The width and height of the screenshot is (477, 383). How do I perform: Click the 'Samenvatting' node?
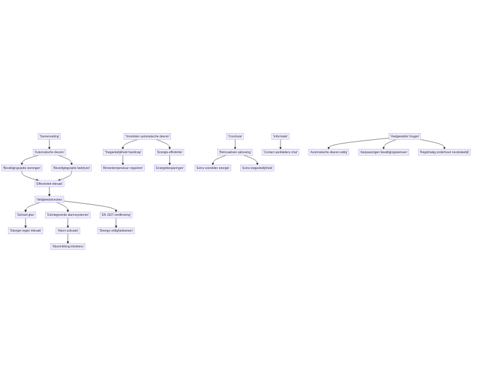pos(49,137)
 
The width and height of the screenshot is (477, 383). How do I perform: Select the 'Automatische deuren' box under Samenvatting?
pos(49,152)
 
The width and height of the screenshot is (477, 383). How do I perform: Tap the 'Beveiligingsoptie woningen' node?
pos(22,168)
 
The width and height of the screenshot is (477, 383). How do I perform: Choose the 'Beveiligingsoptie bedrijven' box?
pos(71,168)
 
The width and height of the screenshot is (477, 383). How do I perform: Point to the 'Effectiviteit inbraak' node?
pos(49,184)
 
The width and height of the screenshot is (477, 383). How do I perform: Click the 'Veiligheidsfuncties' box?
pos(49,199)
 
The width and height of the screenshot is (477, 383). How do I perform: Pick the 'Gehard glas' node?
pos(26,215)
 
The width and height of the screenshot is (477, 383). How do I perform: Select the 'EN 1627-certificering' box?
pos(116,215)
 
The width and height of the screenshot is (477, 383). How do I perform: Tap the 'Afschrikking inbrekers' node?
pos(68,246)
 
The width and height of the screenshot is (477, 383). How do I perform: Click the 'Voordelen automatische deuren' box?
pos(147,137)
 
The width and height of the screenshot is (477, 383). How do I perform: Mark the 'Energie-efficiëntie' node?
pos(169,152)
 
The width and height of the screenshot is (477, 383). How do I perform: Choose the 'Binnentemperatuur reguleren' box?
pos(123,168)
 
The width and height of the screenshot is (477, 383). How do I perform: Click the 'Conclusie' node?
pos(235,137)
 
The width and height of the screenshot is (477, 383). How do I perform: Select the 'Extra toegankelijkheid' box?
pos(257,168)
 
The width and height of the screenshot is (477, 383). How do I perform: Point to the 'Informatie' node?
pos(280,137)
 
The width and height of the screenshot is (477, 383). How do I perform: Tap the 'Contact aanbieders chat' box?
pos(280,152)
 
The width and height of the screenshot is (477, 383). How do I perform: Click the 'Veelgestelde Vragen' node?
pos(405,137)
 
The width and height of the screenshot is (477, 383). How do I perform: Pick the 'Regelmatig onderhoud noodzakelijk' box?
pos(444,152)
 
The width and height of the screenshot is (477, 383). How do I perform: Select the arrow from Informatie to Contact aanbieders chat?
pos(280,144)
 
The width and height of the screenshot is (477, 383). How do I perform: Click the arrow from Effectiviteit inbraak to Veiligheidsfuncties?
pos(49,191)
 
